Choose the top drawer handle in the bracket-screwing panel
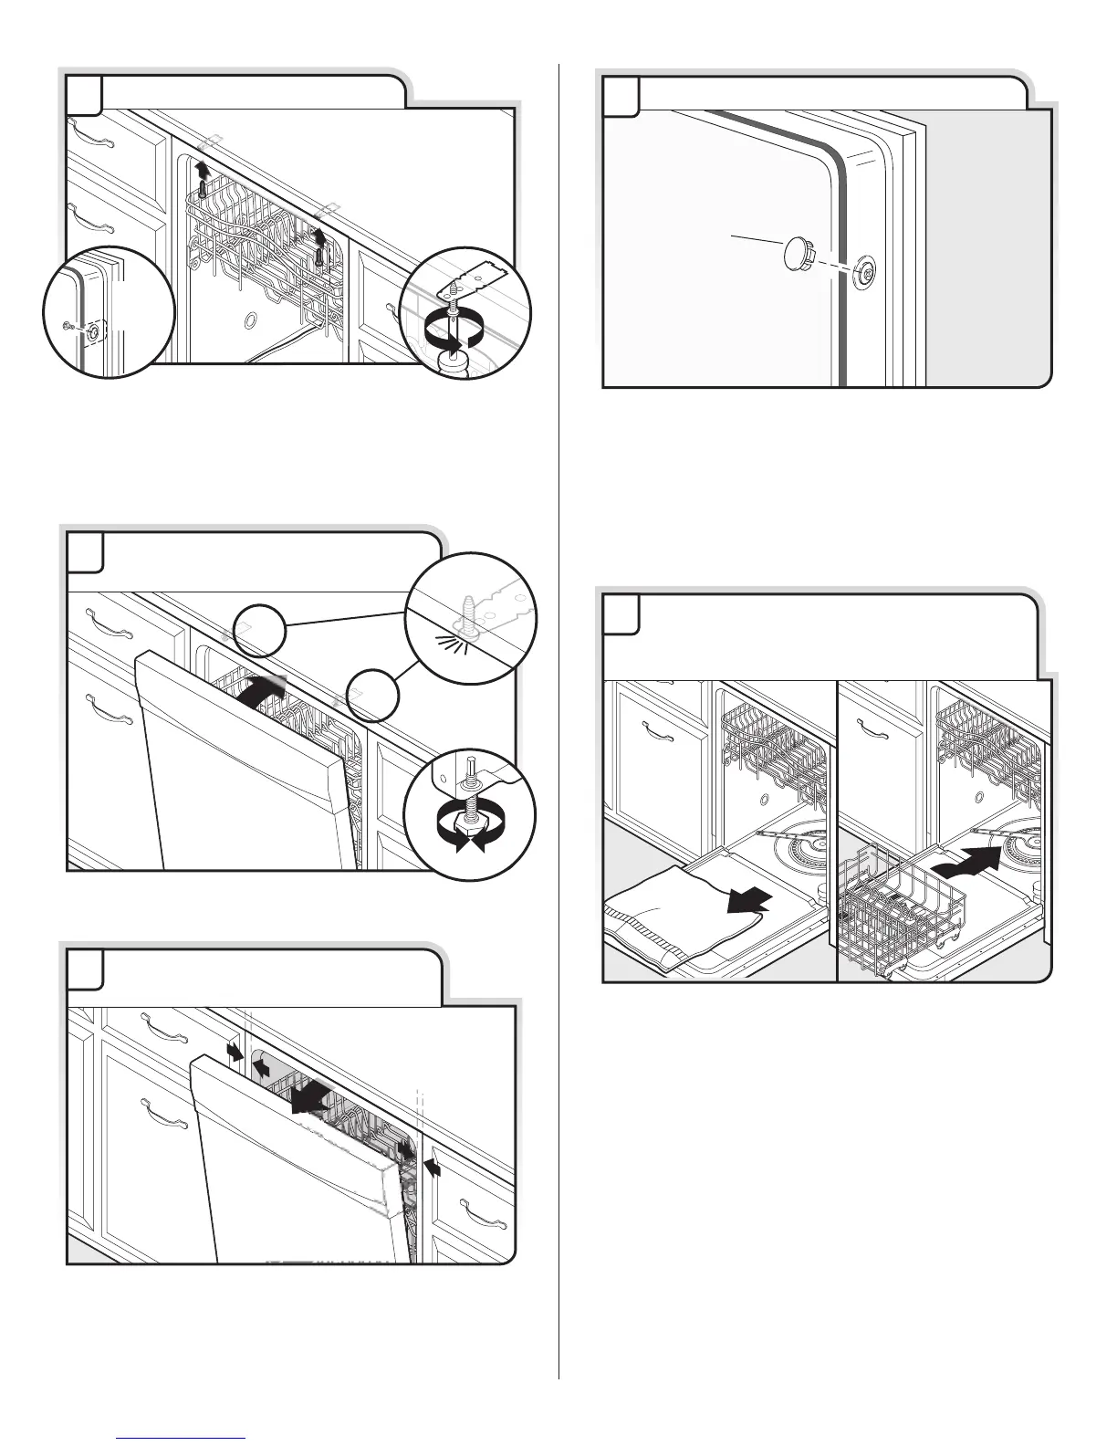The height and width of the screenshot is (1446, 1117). (94, 136)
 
